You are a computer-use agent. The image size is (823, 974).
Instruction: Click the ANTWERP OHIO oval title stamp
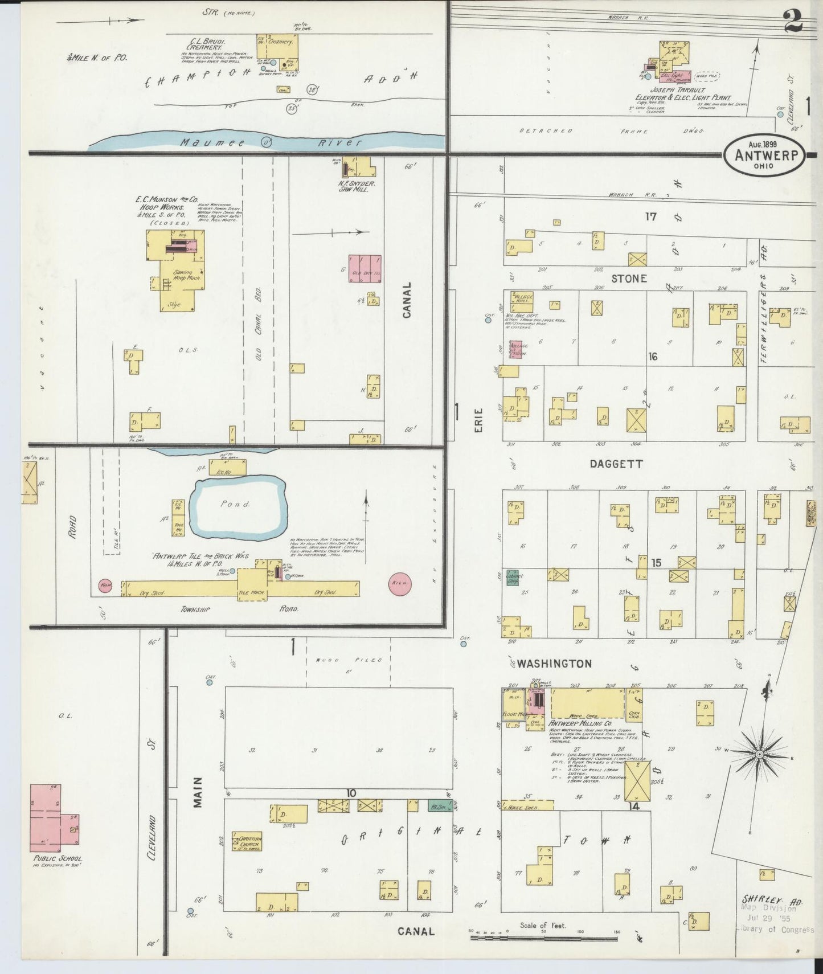point(763,153)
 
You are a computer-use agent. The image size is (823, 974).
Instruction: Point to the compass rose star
point(759,755)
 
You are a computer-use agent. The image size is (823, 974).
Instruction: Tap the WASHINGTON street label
point(554,664)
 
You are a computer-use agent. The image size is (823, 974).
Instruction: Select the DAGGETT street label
point(616,464)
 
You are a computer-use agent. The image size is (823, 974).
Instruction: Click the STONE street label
point(629,279)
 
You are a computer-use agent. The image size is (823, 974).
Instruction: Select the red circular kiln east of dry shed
point(399,583)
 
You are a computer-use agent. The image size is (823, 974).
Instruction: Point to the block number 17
point(651,216)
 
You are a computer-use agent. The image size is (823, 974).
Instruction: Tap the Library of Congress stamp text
point(775,930)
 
